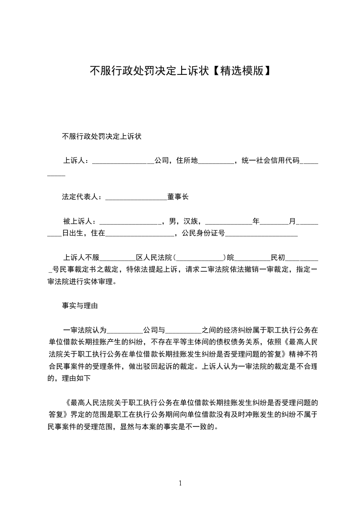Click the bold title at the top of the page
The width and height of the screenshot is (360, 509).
(x=180, y=71)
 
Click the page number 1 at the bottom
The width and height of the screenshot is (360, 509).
(x=180, y=483)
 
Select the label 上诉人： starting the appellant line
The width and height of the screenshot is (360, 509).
(x=77, y=161)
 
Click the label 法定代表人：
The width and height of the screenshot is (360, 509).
(x=83, y=197)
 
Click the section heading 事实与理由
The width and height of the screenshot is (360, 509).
(x=80, y=306)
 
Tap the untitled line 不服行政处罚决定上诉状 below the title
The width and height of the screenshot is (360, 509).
(x=102, y=136)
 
